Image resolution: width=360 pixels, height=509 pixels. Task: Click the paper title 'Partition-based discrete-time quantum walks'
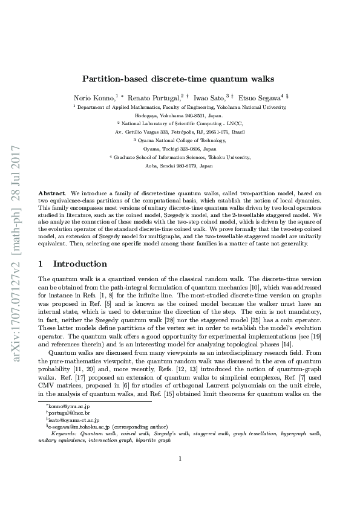180,79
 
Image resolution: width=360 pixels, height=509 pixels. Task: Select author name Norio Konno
93,97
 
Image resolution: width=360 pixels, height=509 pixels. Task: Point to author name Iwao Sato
209,97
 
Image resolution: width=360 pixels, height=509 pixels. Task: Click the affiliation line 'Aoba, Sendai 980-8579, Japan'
180,165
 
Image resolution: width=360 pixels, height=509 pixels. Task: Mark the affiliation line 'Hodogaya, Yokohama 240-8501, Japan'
180,114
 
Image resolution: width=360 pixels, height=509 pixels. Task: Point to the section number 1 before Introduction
41,264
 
